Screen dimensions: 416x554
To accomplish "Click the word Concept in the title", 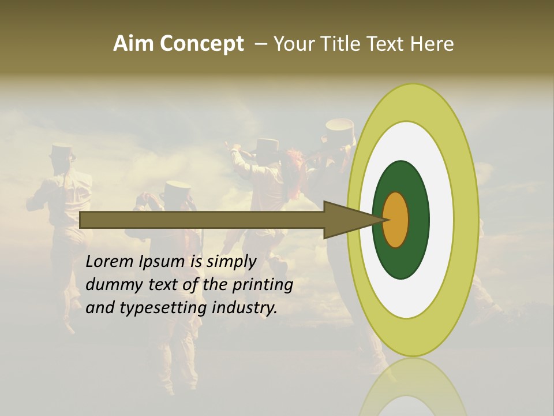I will [x=201, y=44].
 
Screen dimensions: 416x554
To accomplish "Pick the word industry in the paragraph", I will [x=245, y=308].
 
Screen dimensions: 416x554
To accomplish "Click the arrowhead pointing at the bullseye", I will [x=346, y=220].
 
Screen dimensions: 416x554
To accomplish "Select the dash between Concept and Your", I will [x=260, y=44].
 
